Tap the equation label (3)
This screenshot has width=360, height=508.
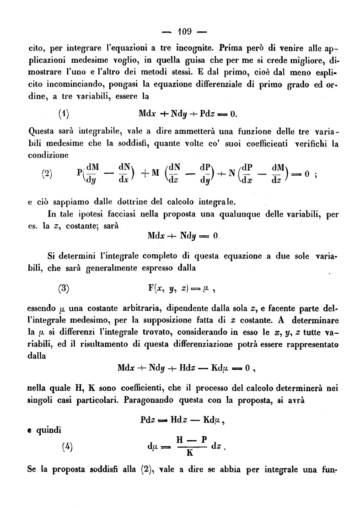point(64,288)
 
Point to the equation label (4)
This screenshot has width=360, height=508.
point(67,448)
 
